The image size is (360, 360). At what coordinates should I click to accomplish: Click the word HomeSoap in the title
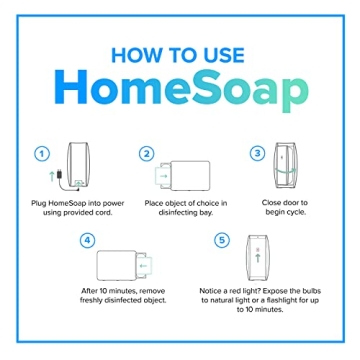181,93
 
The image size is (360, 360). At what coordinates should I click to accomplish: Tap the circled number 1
42,154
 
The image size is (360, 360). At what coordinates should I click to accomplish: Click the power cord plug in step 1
61,177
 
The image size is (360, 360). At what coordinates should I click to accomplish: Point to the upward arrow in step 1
50,179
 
